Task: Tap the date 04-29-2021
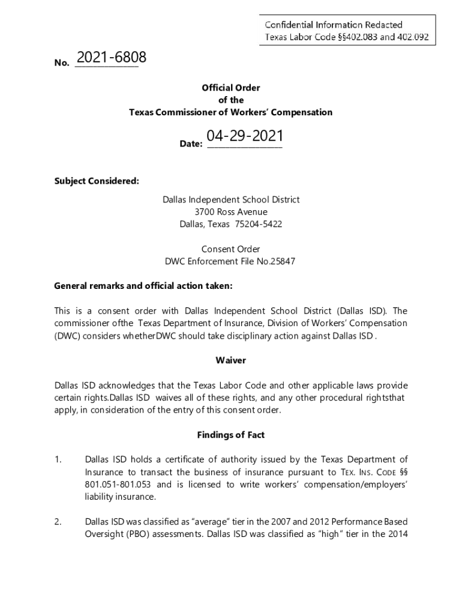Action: click(245, 136)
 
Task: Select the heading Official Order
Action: click(231, 88)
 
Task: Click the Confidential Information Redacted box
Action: click(347, 31)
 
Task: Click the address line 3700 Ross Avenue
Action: click(231, 212)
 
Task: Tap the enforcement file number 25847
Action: click(284, 261)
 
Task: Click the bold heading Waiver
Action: click(231, 360)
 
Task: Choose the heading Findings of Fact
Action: click(231, 435)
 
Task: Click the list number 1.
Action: click(58, 460)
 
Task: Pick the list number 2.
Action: click(58, 522)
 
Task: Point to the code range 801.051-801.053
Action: click(119, 485)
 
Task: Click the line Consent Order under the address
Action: click(231, 249)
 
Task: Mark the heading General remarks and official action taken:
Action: click(143, 286)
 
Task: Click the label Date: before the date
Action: click(191, 144)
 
